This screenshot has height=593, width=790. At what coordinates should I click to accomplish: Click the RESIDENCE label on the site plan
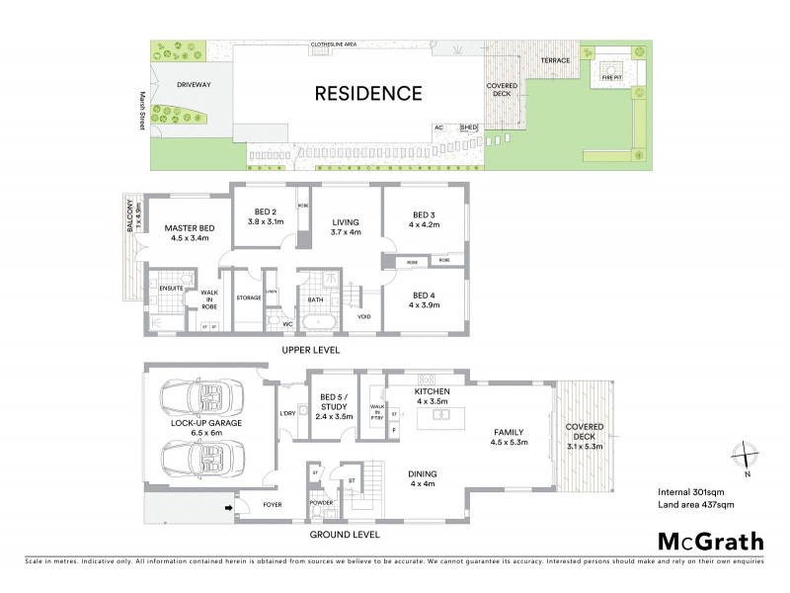click(x=367, y=94)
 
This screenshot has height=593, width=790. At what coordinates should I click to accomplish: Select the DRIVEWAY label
click(x=194, y=85)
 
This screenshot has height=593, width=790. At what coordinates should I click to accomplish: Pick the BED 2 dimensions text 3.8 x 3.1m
click(x=264, y=223)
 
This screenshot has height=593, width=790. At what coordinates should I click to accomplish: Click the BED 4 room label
click(x=424, y=295)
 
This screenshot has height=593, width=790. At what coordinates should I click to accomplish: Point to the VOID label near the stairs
click(x=364, y=317)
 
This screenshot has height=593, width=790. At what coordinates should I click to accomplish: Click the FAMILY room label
click(x=509, y=432)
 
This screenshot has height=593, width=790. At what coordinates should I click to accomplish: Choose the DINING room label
click(x=422, y=473)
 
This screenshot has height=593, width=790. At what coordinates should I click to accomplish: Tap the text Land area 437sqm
click(x=696, y=505)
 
